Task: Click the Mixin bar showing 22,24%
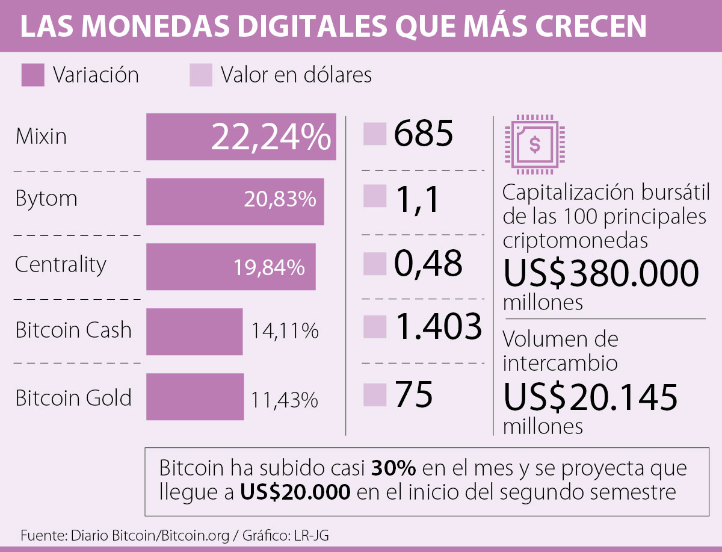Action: [241, 137]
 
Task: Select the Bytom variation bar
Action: [235, 201]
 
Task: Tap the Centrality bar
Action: [230, 267]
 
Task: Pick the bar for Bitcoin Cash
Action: [194, 331]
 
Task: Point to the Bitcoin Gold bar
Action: [194, 396]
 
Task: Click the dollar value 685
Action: [424, 134]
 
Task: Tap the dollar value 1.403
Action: [437, 327]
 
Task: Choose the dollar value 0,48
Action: [428, 263]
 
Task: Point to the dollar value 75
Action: [413, 395]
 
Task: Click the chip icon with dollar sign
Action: [533, 143]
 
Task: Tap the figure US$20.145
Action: [590, 397]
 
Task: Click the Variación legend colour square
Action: [32, 75]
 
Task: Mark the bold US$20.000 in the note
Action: [295, 492]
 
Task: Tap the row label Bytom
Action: [46, 199]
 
